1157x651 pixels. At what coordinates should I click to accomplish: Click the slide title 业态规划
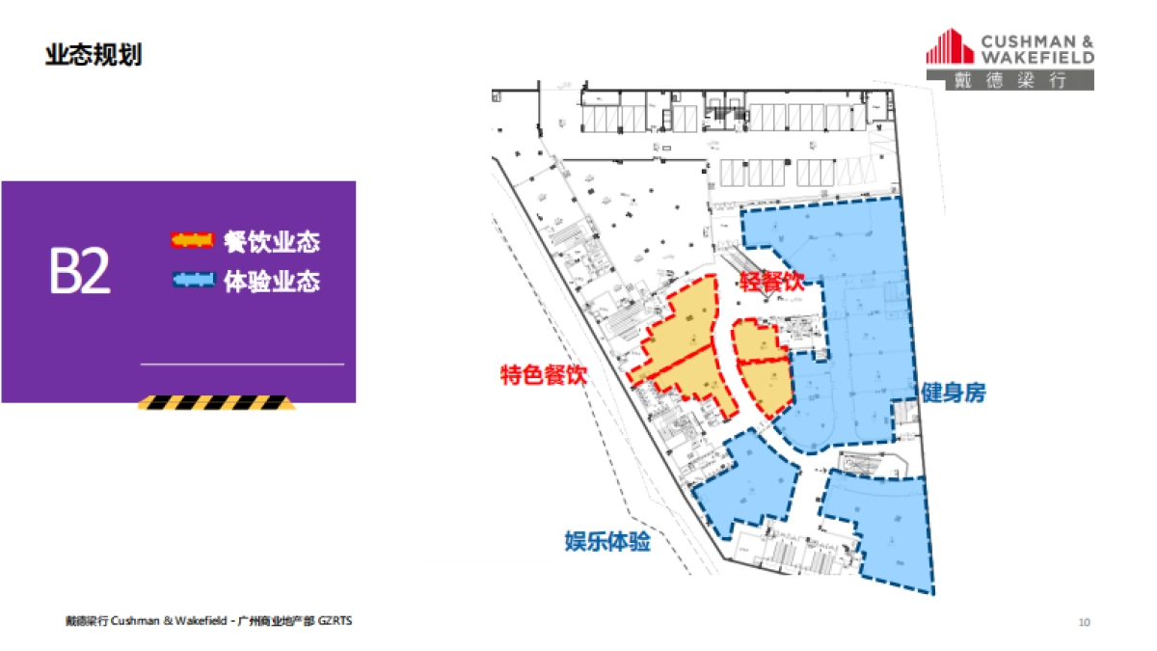94,55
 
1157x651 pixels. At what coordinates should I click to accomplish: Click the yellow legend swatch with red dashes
192,239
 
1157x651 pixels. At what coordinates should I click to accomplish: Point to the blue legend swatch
192,281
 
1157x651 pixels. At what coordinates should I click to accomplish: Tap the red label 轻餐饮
771,281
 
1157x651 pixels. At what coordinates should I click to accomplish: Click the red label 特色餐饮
543,375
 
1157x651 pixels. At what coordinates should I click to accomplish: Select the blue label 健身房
953,393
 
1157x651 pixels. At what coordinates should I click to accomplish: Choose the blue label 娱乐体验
607,542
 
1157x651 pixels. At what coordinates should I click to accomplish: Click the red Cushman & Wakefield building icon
950,48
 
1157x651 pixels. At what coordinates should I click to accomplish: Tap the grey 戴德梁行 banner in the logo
1009,81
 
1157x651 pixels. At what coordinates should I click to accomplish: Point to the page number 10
1084,622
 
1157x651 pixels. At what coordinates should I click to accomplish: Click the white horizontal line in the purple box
242,365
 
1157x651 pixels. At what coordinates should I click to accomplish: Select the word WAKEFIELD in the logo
1037,57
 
